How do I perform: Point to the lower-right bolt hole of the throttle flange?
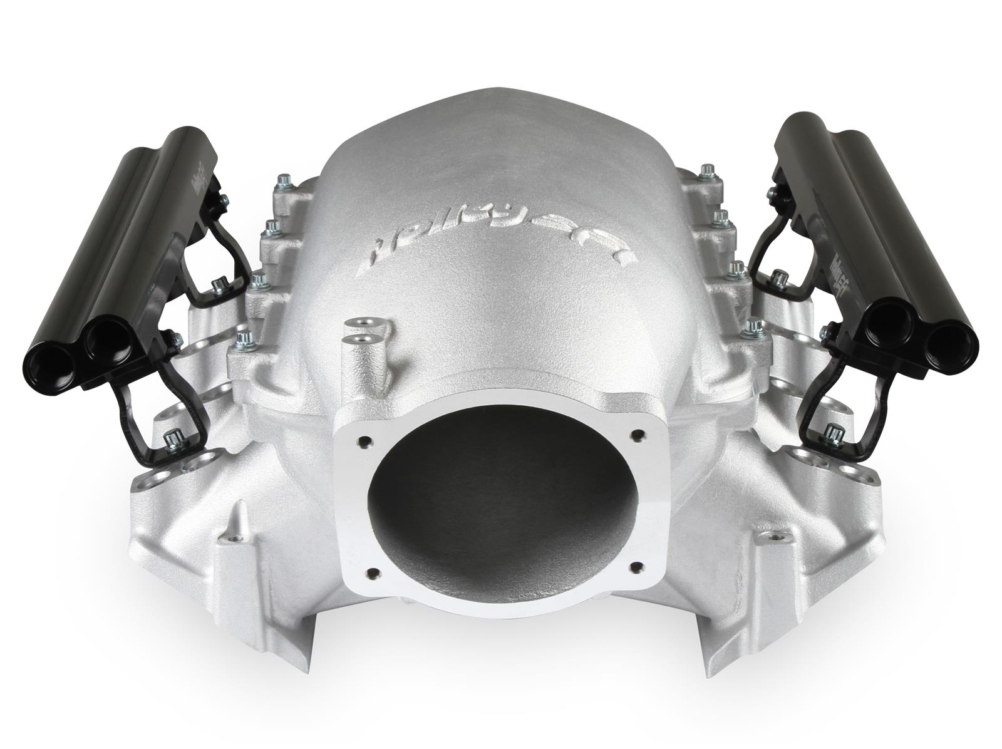[x=637, y=567]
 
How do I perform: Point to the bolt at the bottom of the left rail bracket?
[x=170, y=442]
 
